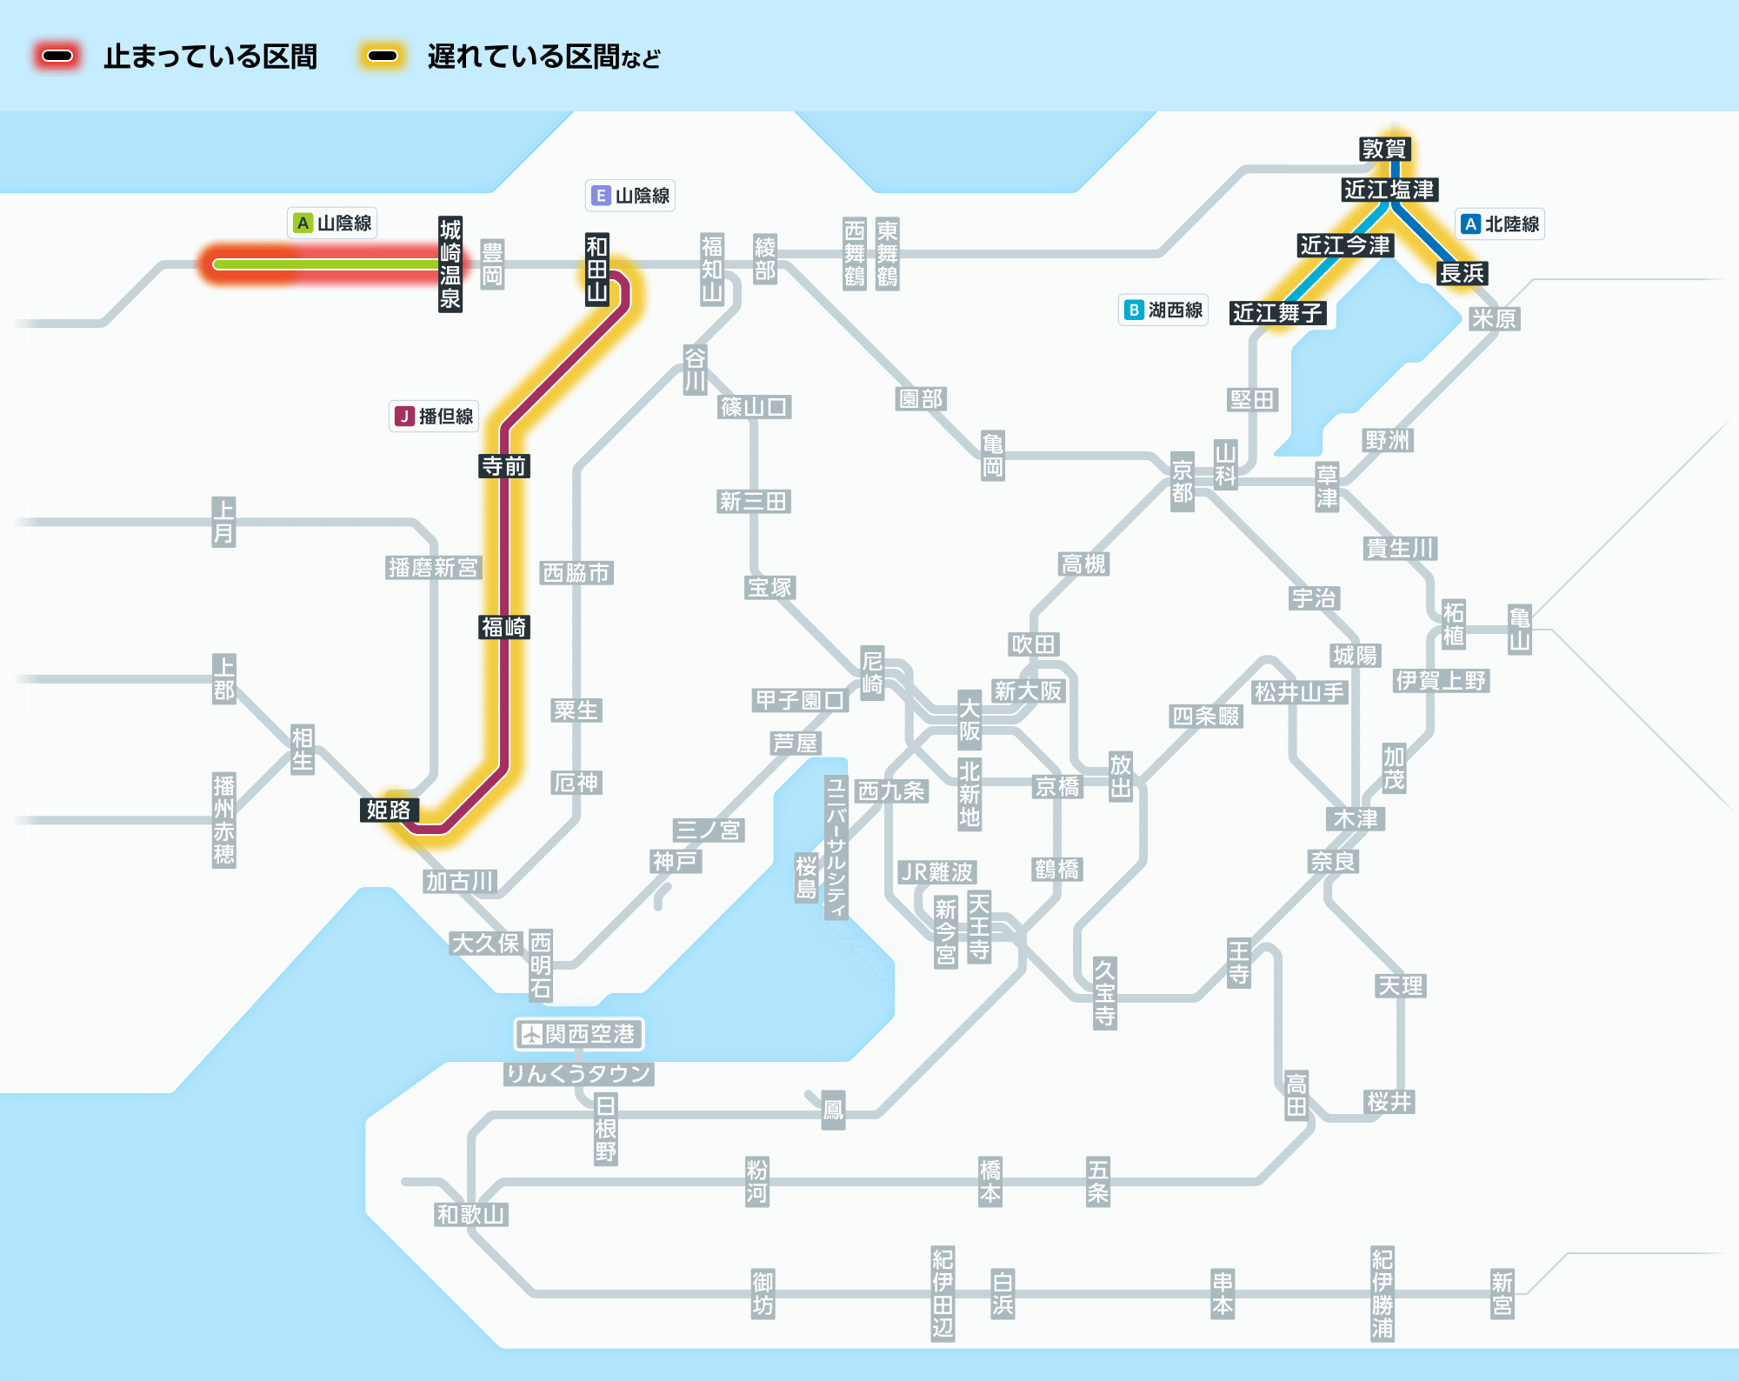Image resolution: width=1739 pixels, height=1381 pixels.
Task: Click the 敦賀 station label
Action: pyautogui.click(x=1383, y=149)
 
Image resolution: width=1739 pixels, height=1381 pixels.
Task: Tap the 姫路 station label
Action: pyautogui.click(x=389, y=810)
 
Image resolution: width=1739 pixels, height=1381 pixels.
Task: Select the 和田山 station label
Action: pyautogui.click(x=596, y=269)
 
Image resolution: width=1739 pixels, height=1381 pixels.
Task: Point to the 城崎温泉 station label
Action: pyautogui.click(x=450, y=264)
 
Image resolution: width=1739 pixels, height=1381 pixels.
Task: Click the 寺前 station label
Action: pyautogui.click(x=504, y=466)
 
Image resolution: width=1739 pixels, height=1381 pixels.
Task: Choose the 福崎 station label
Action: pyautogui.click(x=504, y=627)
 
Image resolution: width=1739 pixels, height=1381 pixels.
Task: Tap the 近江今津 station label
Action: pyautogui.click(x=1345, y=245)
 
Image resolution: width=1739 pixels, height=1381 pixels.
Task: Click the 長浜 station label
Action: pyautogui.click(x=1462, y=273)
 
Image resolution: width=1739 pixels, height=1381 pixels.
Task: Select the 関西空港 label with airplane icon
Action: pyautogui.click(x=579, y=1034)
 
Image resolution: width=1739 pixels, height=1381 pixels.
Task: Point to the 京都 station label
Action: pyautogui.click(x=1183, y=481)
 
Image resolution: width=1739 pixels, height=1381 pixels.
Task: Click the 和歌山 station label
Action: pyautogui.click(x=471, y=1214)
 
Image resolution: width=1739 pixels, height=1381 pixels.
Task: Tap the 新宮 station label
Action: pyautogui.click(x=1502, y=1294)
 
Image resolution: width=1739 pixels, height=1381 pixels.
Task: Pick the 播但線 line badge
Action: pyautogui.click(x=434, y=417)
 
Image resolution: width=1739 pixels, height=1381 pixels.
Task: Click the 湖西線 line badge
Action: pyautogui.click(x=1163, y=310)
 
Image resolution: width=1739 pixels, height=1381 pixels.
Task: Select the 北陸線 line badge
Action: pyautogui.click(x=1500, y=224)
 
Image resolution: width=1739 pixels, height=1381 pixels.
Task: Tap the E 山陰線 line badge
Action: pyautogui.click(x=630, y=196)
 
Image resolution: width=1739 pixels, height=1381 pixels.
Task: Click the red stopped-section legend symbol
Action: pyautogui.click(x=57, y=57)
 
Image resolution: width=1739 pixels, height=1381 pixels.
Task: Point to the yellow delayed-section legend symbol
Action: pyautogui.click(x=383, y=57)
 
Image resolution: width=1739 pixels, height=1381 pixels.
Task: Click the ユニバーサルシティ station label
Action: pyautogui.click(x=836, y=847)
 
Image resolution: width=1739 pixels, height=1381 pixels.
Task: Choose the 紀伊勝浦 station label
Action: pyautogui.click(x=1383, y=1294)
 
